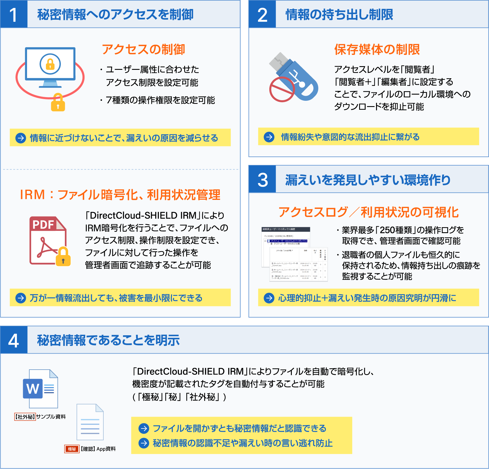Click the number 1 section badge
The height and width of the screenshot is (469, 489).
(14, 14)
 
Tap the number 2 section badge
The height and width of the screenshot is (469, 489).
(262, 14)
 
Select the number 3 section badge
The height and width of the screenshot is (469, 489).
(262, 179)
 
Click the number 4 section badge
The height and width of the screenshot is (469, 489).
(14, 340)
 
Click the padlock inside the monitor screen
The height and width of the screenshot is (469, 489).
(50, 64)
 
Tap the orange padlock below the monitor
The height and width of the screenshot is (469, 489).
(58, 103)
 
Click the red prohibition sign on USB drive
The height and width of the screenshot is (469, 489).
(282, 89)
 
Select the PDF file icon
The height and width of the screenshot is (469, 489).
(47, 240)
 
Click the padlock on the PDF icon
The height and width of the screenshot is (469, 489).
(63, 257)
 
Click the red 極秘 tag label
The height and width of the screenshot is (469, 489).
(72, 449)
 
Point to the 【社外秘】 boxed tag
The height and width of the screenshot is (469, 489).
(25, 417)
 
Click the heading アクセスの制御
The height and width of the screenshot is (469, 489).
(143, 49)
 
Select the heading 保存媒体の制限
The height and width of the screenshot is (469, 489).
(377, 49)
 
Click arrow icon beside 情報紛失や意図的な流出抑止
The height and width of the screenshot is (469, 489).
(269, 137)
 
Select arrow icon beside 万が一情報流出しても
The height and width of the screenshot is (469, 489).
(21, 298)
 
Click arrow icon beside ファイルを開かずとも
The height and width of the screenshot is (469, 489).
(144, 428)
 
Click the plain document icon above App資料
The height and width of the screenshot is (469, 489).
(90, 422)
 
